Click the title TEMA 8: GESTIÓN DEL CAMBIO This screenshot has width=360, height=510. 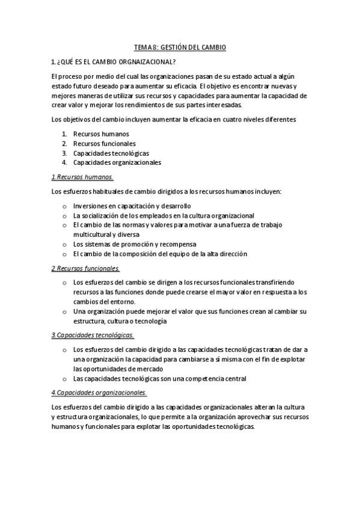pyautogui.click(x=180, y=47)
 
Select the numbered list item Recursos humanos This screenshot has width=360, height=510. pyautogui.click(x=101, y=134)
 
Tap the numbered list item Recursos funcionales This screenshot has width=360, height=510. pyautogui.click(x=104, y=143)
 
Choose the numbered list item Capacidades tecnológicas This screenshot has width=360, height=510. pyautogui.click(x=111, y=153)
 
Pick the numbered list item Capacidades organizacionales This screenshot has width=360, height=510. pyautogui.click(x=117, y=162)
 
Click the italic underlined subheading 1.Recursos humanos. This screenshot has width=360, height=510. pyautogui.click(x=82, y=177)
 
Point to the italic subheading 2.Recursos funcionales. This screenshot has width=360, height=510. pyautogui.click(x=85, y=268)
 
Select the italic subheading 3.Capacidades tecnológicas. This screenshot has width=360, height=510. pyautogui.click(x=93, y=335)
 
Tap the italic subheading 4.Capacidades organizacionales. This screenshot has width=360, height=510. pyautogui.click(x=99, y=393)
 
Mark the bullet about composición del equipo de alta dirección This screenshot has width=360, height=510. pyautogui.click(x=159, y=254)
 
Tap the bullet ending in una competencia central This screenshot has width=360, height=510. pyautogui.click(x=159, y=378)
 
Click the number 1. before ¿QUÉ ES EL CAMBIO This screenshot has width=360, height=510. pyautogui.click(x=53, y=61)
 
